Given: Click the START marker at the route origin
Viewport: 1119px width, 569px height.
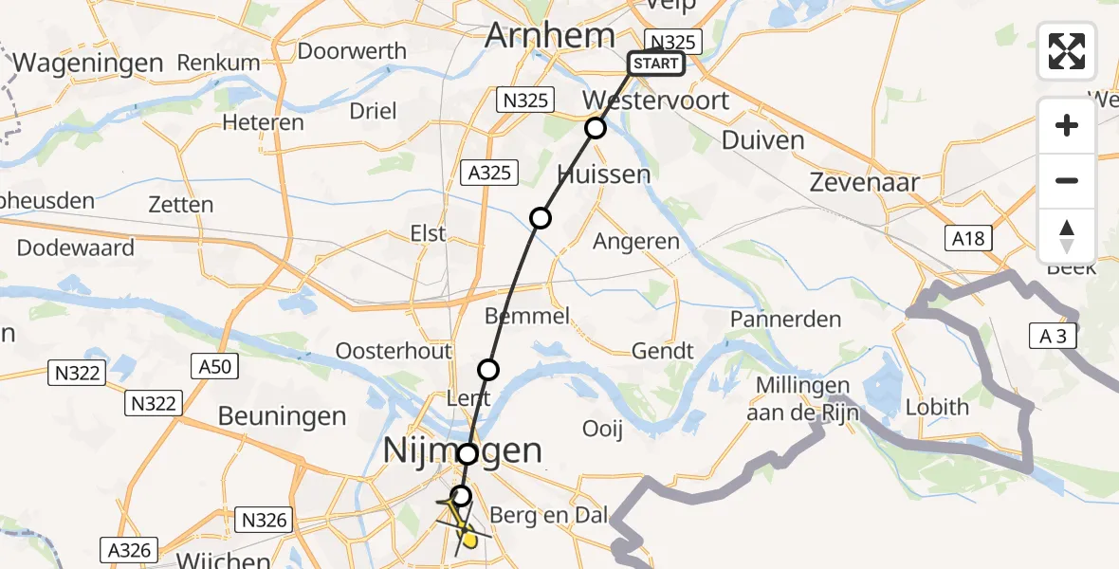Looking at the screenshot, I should (655, 64).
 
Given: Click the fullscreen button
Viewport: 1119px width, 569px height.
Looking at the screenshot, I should (1067, 51).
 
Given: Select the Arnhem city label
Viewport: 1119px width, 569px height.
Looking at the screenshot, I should (550, 36).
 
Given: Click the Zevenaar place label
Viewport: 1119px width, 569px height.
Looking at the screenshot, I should (867, 183).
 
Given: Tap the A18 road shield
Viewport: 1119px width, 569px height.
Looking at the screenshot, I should (968, 238).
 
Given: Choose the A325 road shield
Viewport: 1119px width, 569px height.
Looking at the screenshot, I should (490, 173).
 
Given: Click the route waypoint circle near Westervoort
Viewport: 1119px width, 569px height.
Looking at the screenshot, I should (595, 128).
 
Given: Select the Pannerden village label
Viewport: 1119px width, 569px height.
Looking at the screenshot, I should (785, 319).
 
